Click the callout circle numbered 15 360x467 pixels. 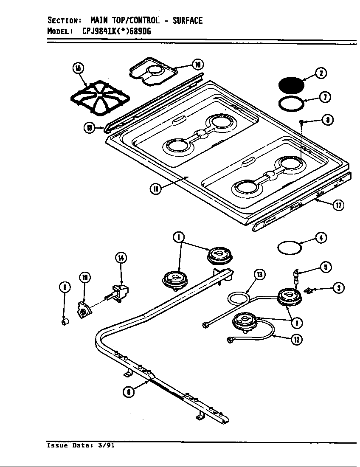click(x=78, y=68)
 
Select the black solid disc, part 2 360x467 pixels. click(x=292, y=85)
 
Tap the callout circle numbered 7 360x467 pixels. click(x=325, y=97)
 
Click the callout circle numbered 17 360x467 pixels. click(x=338, y=205)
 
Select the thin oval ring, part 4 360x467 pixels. click(x=289, y=247)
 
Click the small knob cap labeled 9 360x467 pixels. click(x=65, y=323)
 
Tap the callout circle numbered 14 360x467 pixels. click(x=121, y=258)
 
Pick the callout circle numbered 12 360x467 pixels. click(x=298, y=339)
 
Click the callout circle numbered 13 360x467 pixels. click(x=260, y=274)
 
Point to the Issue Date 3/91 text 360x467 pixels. click(x=81, y=446)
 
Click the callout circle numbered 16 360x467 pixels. click(x=198, y=65)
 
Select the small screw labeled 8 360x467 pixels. click(x=301, y=122)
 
